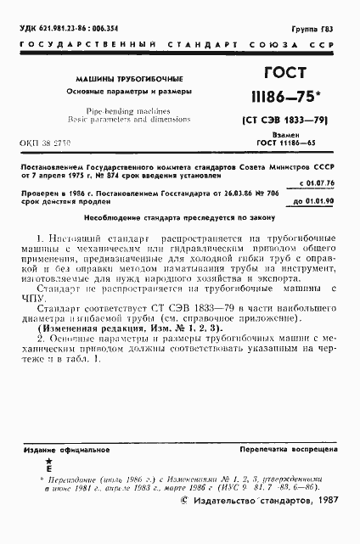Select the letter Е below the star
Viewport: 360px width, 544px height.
point(48,468)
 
